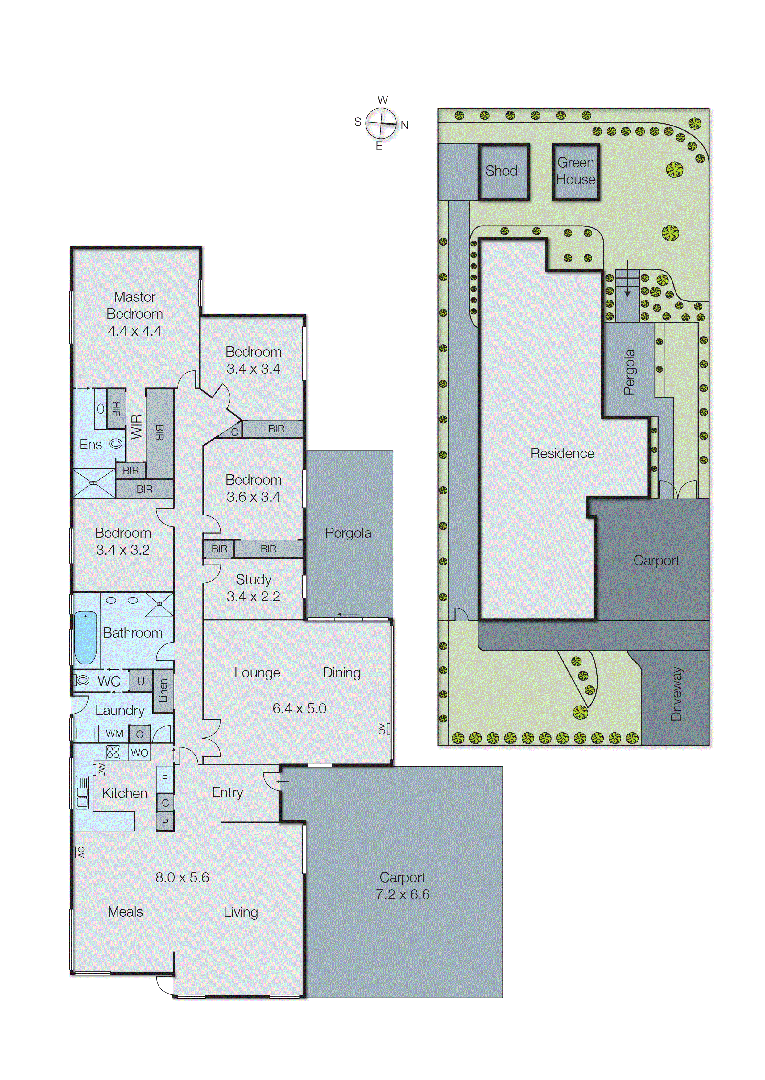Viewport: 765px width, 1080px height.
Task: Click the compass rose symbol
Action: coord(381,123)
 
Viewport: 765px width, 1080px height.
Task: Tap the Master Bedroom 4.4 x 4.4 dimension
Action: coord(135,331)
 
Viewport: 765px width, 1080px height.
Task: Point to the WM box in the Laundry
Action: coord(114,733)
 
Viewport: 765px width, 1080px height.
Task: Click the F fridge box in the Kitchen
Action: coord(165,779)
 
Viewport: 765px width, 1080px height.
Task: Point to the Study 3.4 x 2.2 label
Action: coord(254,588)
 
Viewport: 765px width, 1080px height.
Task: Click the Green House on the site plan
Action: coord(576,171)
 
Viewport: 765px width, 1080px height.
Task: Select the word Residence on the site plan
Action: coord(562,453)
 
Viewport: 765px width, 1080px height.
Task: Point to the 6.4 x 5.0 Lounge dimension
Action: coord(299,708)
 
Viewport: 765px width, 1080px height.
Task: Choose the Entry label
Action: coord(228,792)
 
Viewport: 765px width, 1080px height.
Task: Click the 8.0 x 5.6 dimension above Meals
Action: coord(182,877)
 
